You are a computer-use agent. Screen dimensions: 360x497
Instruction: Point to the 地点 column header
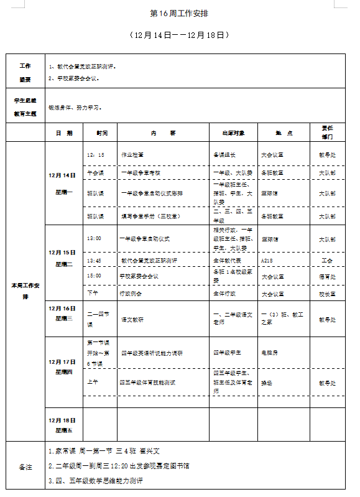(283, 132)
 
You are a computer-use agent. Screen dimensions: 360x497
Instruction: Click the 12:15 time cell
(96, 154)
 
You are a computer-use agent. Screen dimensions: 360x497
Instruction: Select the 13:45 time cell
(95, 260)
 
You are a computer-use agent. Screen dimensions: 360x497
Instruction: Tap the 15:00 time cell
(95, 276)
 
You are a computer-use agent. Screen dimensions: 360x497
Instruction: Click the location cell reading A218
(267, 260)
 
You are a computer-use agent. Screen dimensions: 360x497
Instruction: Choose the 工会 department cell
(327, 260)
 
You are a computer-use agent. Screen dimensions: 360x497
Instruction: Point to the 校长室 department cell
(327, 293)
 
